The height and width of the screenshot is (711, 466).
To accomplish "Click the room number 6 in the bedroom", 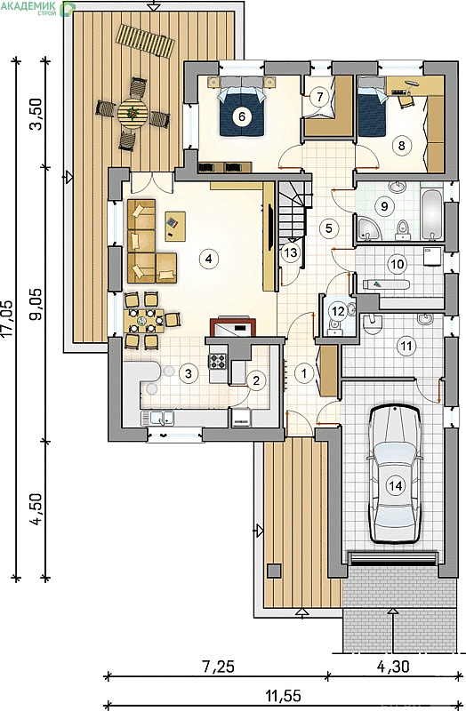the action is pyautogui.click(x=241, y=116).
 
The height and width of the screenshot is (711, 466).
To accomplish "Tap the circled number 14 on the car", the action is pyautogui.click(x=395, y=485).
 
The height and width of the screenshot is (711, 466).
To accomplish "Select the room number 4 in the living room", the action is pyautogui.click(x=208, y=259).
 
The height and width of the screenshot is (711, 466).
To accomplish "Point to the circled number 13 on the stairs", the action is pyautogui.click(x=290, y=252).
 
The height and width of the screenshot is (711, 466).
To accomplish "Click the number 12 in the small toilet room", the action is pyautogui.click(x=338, y=312).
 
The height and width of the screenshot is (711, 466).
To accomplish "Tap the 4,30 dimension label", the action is pyautogui.click(x=393, y=666).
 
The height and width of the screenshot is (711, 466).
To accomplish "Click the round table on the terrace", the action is pyautogui.click(x=133, y=114).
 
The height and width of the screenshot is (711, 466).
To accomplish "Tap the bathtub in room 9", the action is pyautogui.click(x=431, y=214).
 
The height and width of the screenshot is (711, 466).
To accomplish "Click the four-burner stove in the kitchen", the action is pyautogui.click(x=217, y=362).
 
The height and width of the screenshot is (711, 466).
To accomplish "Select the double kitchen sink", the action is pyautogui.click(x=157, y=418).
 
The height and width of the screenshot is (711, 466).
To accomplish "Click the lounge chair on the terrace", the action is pyautogui.click(x=145, y=41).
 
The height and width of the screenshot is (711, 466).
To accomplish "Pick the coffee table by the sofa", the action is pyautogui.click(x=175, y=227).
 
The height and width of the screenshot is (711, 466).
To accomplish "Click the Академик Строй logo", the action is pyautogui.click(x=37, y=8).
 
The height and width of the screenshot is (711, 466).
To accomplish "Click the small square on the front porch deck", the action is pyautogui.click(x=274, y=571).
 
